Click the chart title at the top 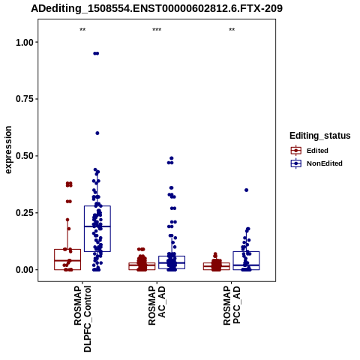click(157, 8)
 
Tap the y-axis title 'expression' click(8, 150)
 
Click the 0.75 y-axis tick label click(25, 99)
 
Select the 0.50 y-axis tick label click(25, 156)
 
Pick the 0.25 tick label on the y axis click(25, 213)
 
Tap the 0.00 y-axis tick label click(25, 270)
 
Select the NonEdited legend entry click(316, 163)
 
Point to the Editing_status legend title click(320, 136)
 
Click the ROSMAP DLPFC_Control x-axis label click(82, 319)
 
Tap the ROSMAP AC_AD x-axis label click(157, 305)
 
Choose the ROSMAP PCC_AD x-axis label click(232, 305)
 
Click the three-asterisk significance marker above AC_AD click(157, 30)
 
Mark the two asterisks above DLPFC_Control click(82, 30)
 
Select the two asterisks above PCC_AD click(232, 30)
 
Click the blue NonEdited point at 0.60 click(97, 133)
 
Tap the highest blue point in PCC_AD click(246, 190)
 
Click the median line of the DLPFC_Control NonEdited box click(97, 226)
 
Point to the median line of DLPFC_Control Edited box click(67, 260)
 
